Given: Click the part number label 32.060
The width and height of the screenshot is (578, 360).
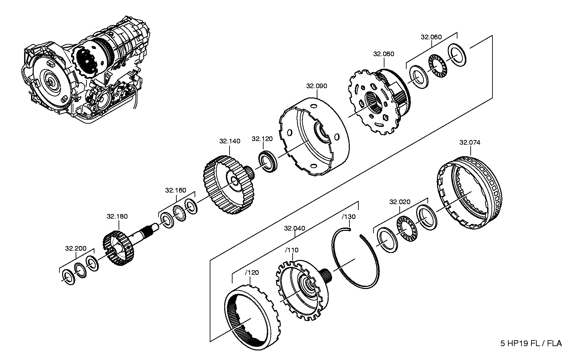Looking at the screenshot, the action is (x=431, y=37).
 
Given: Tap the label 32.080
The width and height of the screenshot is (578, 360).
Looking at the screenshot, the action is (x=384, y=54).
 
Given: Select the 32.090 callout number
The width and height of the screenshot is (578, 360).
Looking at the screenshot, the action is (x=316, y=86).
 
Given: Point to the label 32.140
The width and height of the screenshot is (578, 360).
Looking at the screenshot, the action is (x=230, y=141).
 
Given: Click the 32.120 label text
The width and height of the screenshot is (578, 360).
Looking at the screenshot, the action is (x=262, y=139).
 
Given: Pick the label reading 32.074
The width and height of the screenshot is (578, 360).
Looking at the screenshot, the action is (x=470, y=143).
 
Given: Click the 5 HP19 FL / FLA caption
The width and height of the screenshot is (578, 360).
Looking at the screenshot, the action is (x=531, y=343).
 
